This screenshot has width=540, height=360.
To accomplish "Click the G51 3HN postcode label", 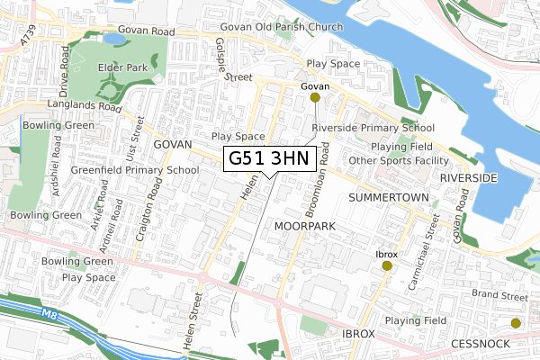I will pyautogui.click(x=268, y=158).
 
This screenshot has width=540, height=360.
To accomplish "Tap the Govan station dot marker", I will pyautogui.click(x=314, y=97).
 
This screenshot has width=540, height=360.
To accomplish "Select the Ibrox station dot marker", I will pyautogui.click(x=387, y=265).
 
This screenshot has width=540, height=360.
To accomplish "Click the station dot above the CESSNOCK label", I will pyautogui.click(x=516, y=323).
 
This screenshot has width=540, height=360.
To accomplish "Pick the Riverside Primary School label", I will pyautogui.click(x=373, y=128).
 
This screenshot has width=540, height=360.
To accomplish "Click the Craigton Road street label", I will pyautogui.click(x=157, y=201).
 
